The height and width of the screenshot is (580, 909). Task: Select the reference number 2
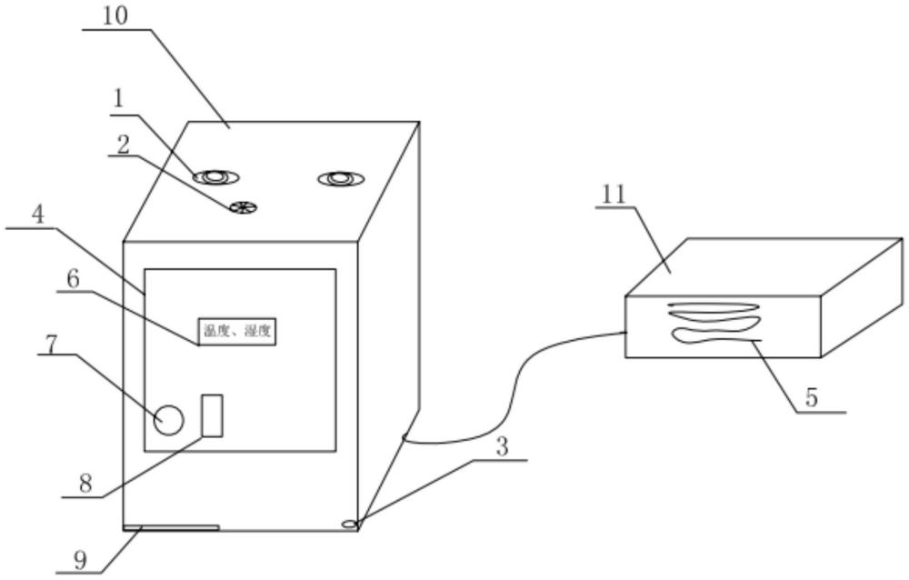click(123, 144)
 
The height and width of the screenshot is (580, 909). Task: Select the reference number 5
click(812, 398)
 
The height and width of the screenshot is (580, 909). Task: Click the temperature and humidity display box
click(235, 332)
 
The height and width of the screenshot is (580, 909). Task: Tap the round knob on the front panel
click(169, 419)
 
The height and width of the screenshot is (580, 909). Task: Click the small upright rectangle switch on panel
click(212, 415)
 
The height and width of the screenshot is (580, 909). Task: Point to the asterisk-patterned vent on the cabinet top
click(241, 207)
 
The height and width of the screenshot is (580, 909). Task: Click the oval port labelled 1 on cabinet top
click(216, 176)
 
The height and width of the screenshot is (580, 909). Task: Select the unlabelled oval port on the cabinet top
click(340, 178)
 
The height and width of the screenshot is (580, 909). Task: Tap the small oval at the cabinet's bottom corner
click(350, 523)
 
